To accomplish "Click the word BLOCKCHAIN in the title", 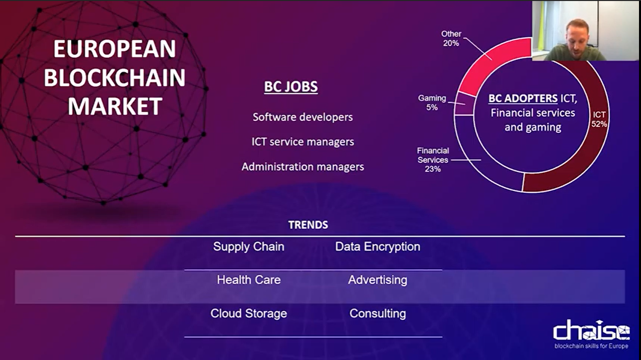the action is pyautogui.click(x=114, y=77).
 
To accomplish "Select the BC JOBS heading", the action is pyautogui.click(x=291, y=87).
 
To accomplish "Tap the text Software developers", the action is pyautogui.click(x=303, y=117).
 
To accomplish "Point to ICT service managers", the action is pyautogui.click(x=303, y=142).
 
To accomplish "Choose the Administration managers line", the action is pyautogui.click(x=303, y=167).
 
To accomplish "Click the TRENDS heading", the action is pyautogui.click(x=308, y=225).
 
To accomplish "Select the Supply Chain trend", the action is pyautogui.click(x=249, y=247).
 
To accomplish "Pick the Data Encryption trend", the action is pyautogui.click(x=378, y=247).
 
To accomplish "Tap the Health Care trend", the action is pyautogui.click(x=249, y=280).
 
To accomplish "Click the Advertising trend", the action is pyautogui.click(x=378, y=280).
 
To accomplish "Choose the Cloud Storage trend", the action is pyautogui.click(x=249, y=314).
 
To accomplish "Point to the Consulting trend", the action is pyautogui.click(x=378, y=314).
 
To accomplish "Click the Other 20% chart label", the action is pyautogui.click(x=451, y=38).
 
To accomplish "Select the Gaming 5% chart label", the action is pyautogui.click(x=432, y=103).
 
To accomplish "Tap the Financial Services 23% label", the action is pyautogui.click(x=433, y=160).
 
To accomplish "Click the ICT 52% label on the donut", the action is pyautogui.click(x=599, y=119).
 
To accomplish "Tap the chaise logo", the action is pyautogui.click(x=591, y=334).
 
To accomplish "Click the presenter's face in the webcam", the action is pyautogui.click(x=577, y=36).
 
